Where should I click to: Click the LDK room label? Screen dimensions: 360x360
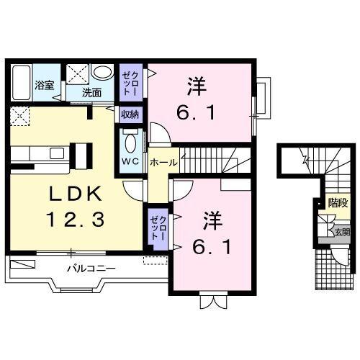click(75, 194)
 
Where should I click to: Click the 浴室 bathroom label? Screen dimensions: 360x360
click(45, 85)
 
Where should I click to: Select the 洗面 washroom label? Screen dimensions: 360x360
click(91, 92)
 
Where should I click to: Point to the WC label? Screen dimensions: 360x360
click(130, 160)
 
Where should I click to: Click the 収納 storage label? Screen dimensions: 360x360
click(130, 114)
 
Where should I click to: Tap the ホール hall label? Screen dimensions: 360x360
click(163, 163)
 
